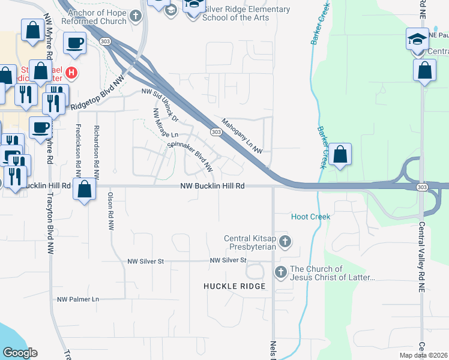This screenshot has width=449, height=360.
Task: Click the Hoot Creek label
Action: pyautogui.click(x=310, y=217)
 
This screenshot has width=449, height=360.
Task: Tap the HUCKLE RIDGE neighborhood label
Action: pyautogui.click(x=234, y=286)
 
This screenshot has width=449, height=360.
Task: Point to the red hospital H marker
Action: pyautogui.click(x=71, y=73)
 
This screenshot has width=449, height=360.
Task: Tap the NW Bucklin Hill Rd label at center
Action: pyautogui.click(x=212, y=187)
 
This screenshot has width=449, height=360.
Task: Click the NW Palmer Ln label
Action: pyautogui.click(x=78, y=299)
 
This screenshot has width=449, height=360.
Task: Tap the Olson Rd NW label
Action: pyautogui.click(x=110, y=211)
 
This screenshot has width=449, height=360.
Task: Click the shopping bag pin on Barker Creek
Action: pyautogui.click(x=340, y=154)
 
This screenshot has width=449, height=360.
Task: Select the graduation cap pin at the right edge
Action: pyautogui.click(x=417, y=39)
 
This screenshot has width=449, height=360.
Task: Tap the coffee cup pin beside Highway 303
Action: pyautogui.click(x=74, y=43)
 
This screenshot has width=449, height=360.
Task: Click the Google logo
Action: pyautogui.click(x=20, y=353)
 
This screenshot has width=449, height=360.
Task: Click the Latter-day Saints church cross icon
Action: pyautogui.click(x=280, y=273)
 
